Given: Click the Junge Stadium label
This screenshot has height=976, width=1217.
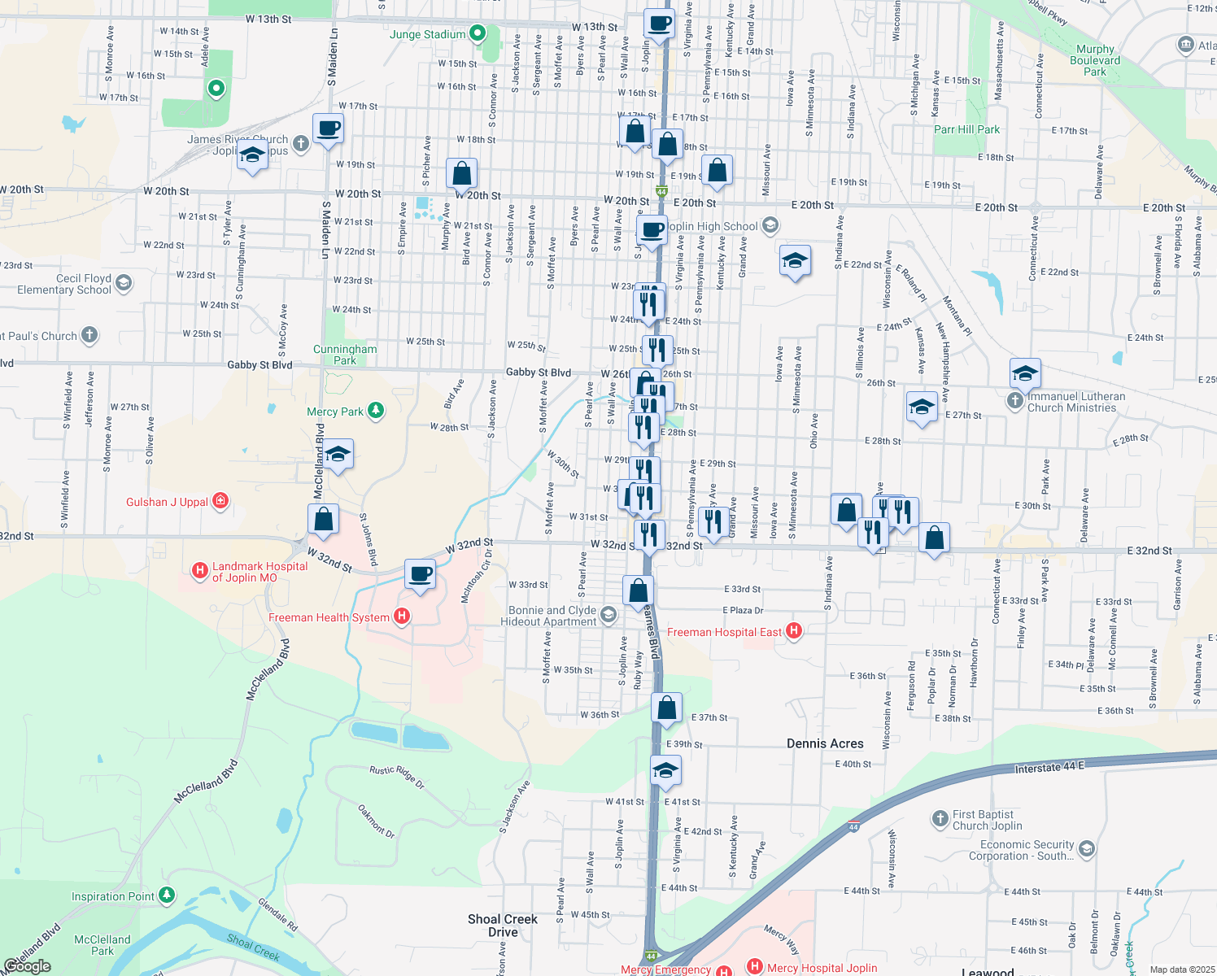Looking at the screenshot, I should click(x=427, y=34).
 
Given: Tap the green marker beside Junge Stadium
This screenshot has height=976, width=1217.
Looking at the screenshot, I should click(x=478, y=33).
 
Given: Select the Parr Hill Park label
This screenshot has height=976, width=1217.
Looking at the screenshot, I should click(x=966, y=129).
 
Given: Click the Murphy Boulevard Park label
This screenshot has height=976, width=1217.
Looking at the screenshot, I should click(x=1095, y=60).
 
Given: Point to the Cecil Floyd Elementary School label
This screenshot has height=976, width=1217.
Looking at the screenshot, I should click(x=64, y=284).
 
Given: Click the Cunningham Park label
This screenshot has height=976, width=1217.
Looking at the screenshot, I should click(x=345, y=355).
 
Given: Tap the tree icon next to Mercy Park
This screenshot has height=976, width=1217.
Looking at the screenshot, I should click(x=376, y=410).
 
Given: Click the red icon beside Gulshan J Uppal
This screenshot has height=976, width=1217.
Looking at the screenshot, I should click(x=220, y=501).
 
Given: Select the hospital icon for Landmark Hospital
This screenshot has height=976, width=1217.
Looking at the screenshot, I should click(x=199, y=571).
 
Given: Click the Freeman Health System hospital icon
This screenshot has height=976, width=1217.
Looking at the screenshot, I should click(x=401, y=617).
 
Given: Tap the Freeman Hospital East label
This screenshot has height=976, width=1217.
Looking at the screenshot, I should click(x=724, y=632).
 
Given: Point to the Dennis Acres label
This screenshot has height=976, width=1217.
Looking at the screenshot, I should click(x=825, y=743).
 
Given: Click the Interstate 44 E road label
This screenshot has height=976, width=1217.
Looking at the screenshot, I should click(x=1049, y=767).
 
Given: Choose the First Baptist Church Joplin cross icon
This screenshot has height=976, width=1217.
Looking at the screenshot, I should click(x=940, y=818).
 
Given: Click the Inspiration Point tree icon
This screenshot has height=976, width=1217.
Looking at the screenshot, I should click(x=167, y=895).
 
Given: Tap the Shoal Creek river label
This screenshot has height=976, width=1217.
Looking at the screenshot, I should click(x=253, y=947).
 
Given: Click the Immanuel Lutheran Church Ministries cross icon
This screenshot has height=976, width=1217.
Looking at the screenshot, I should click(x=1014, y=400).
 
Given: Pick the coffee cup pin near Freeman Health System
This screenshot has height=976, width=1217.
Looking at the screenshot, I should click(x=420, y=575).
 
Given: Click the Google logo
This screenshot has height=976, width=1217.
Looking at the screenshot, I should click(x=27, y=965).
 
